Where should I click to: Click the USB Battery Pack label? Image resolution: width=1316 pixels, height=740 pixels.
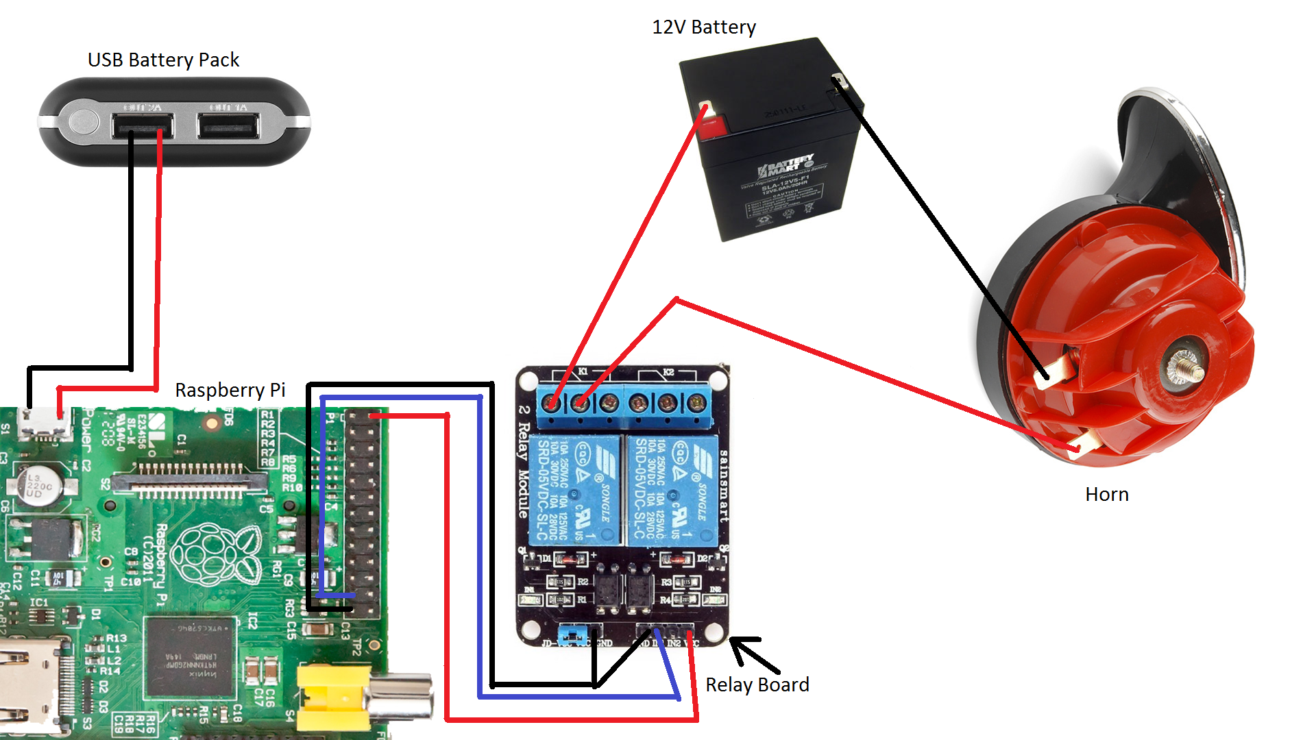163,60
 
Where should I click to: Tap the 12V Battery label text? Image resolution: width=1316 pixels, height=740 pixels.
704,27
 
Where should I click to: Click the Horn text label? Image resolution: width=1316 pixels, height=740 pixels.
1106,495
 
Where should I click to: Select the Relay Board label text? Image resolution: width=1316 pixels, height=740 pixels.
757,684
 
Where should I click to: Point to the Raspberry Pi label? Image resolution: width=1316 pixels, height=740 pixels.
230,391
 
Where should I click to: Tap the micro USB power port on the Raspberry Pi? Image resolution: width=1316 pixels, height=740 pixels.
45,425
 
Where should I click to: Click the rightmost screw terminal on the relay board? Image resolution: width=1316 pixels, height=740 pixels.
697,404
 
